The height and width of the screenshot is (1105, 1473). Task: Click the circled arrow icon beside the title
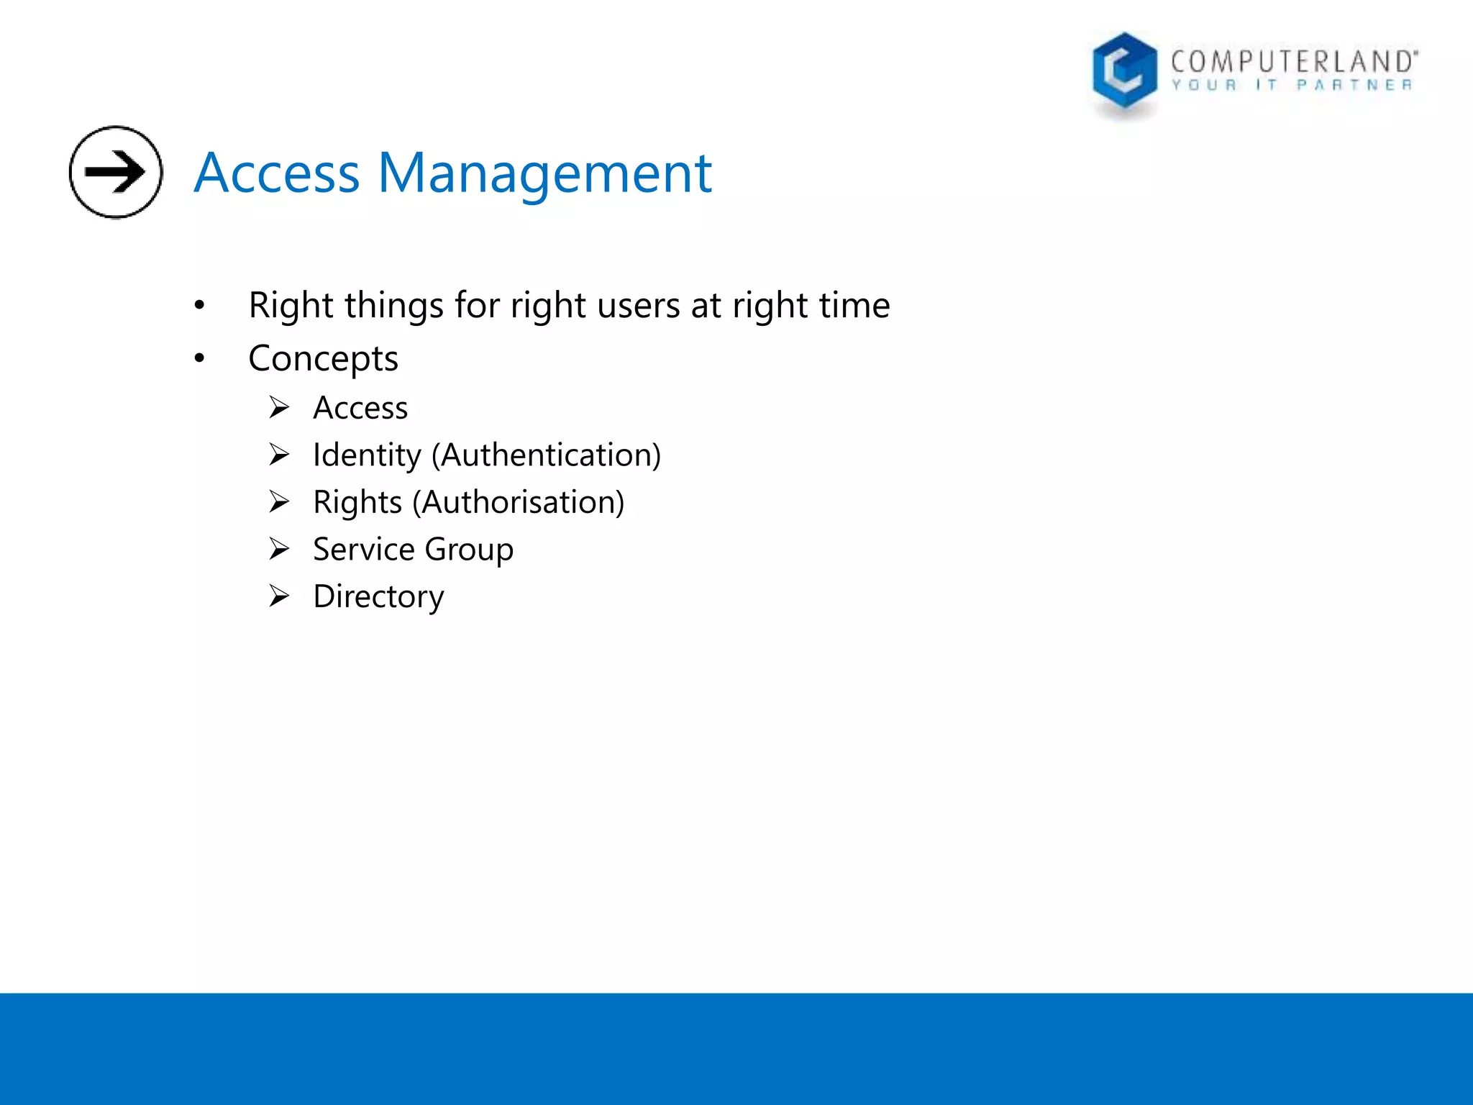(x=116, y=172)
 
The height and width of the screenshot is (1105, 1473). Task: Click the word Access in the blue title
(x=277, y=173)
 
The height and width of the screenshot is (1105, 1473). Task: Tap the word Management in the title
(x=544, y=173)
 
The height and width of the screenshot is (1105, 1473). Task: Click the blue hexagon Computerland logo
(x=1124, y=72)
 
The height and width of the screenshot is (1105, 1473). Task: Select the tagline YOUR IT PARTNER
(x=1292, y=86)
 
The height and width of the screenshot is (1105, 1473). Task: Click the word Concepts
(x=323, y=359)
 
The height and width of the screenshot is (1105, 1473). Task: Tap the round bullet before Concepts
(x=199, y=358)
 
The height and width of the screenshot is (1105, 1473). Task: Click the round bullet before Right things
(x=199, y=305)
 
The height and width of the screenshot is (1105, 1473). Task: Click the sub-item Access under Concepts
(x=360, y=408)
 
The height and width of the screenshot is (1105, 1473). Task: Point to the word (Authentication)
(x=546, y=455)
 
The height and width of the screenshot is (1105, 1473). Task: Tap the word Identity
(x=367, y=455)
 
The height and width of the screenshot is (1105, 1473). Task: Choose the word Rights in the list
(x=357, y=502)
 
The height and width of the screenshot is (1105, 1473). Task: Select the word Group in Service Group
(x=469, y=550)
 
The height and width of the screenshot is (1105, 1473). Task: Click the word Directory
(x=378, y=596)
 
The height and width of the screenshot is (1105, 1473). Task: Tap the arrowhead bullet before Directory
(x=279, y=596)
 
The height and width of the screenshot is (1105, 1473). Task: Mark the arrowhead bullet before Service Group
(x=279, y=549)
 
